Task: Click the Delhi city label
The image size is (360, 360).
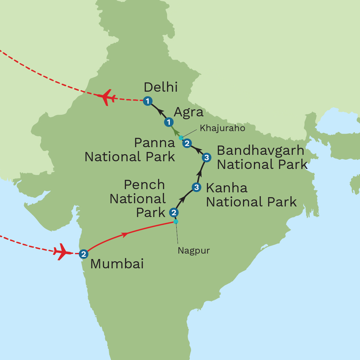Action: coord(161,87)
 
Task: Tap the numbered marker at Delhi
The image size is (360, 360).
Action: coord(147,101)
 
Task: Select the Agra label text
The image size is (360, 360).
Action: coord(188,112)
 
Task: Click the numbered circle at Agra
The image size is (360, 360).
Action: coord(169,122)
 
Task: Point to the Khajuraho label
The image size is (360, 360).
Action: coord(222,129)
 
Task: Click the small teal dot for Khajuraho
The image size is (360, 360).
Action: coord(181,138)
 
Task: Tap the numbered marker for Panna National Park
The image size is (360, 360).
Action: coord(187,143)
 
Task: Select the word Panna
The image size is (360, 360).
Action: coord(155,143)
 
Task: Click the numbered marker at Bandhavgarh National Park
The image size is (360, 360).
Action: coord(207,157)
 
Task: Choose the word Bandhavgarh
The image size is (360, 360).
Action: coord(260,150)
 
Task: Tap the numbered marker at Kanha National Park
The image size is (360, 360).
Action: coord(197,187)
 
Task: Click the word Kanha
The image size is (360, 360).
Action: coord(227,188)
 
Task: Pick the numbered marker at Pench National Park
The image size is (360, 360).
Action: coord(174,212)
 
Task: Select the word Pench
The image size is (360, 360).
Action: coord(144,185)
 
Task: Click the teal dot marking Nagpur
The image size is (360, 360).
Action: coord(176,222)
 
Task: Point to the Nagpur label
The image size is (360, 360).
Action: coord(194,250)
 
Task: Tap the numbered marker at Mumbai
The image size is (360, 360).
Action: coord(83,254)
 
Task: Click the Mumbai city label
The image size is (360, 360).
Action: coord(117,264)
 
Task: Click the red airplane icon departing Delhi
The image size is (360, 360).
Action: coord(106,97)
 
